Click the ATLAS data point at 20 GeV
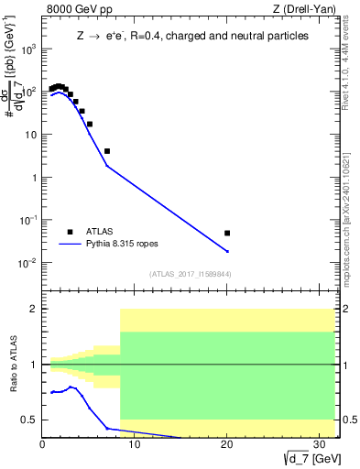click(227, 234)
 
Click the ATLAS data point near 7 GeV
click(107, 151)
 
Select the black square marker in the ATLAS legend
click(70, 232)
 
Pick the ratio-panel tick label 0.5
click(30, 420)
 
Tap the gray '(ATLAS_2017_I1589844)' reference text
click(191, 274)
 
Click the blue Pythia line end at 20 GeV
click(227, 251)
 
